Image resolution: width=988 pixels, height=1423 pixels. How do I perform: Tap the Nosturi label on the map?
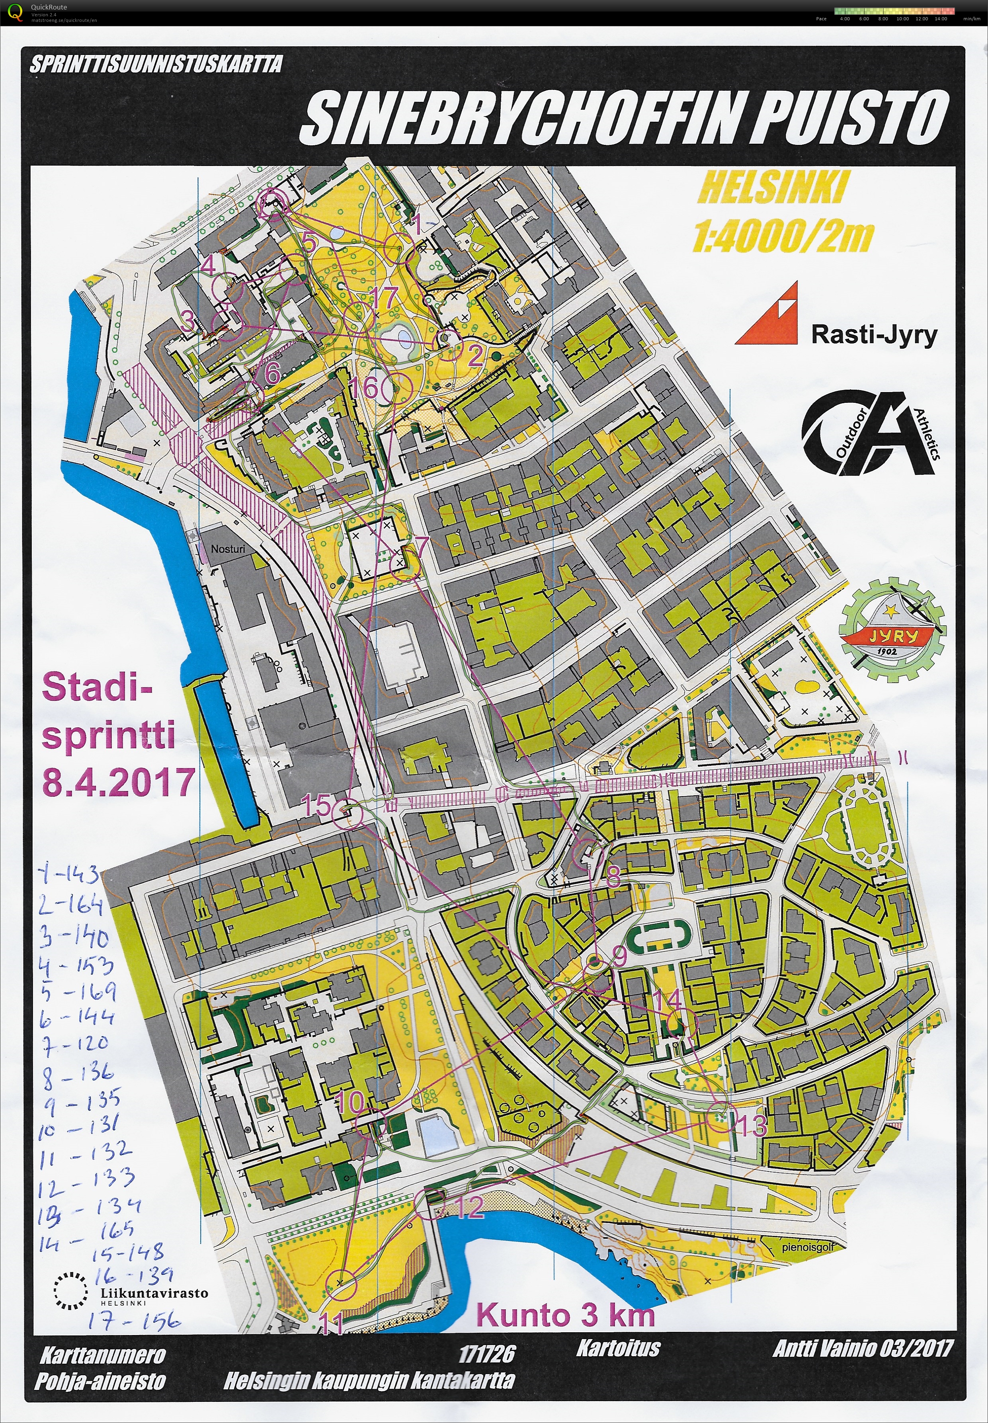(228, 549)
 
